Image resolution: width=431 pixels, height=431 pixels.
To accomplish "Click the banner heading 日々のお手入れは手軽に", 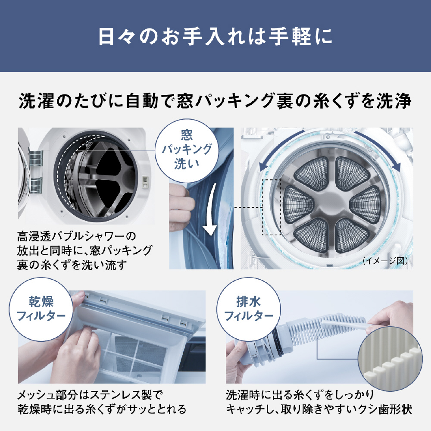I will click(215, 37).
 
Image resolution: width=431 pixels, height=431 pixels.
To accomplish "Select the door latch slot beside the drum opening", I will click(145, 181).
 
